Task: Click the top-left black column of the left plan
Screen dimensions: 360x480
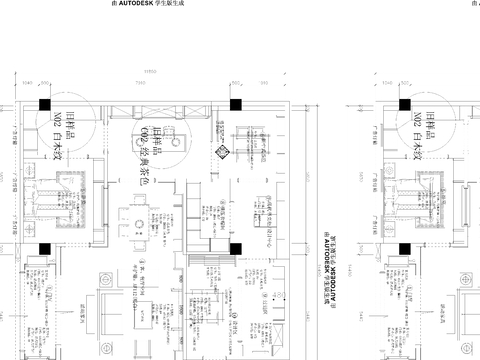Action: coord(44,103)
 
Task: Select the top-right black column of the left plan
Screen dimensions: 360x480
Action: coord(235,103)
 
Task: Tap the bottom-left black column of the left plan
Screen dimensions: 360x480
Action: coord(44,250)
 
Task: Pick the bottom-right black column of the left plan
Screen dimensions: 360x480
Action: coord(235,250)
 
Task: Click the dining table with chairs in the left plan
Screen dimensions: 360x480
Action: coord(131,220)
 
